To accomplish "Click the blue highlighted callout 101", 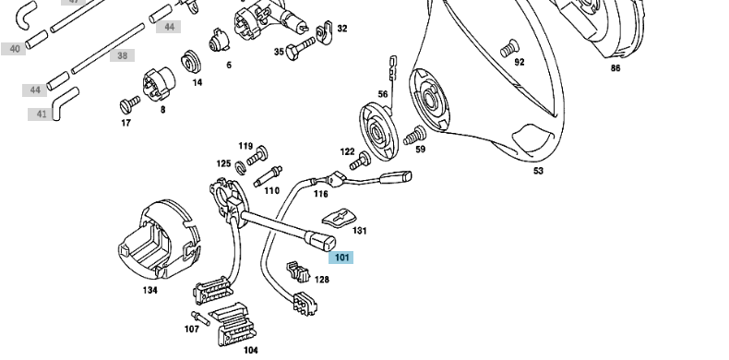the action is point(341,258).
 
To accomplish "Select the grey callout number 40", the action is point(14,49).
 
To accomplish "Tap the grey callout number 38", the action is point(123,55).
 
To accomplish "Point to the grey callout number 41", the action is point(41,114).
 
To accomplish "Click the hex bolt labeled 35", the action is point(300,48).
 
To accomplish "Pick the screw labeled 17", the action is point(130,104).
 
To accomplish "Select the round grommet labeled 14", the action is point(191,62).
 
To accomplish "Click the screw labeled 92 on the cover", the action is point(509,48).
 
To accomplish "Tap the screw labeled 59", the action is point(414,136).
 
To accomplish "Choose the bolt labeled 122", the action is point(360,161).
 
